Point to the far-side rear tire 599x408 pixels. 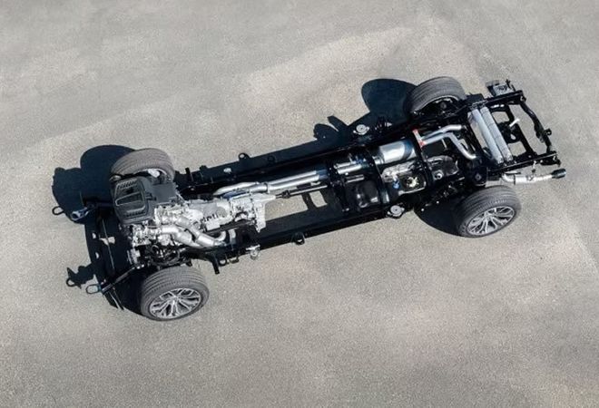pos(433,92)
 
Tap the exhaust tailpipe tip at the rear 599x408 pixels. pos(556,173)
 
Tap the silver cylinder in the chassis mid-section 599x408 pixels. pos(392,152)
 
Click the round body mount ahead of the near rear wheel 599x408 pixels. pos(396,210)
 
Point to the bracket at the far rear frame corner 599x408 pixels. pos(498,88)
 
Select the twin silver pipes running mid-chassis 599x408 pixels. pos(290,179)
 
